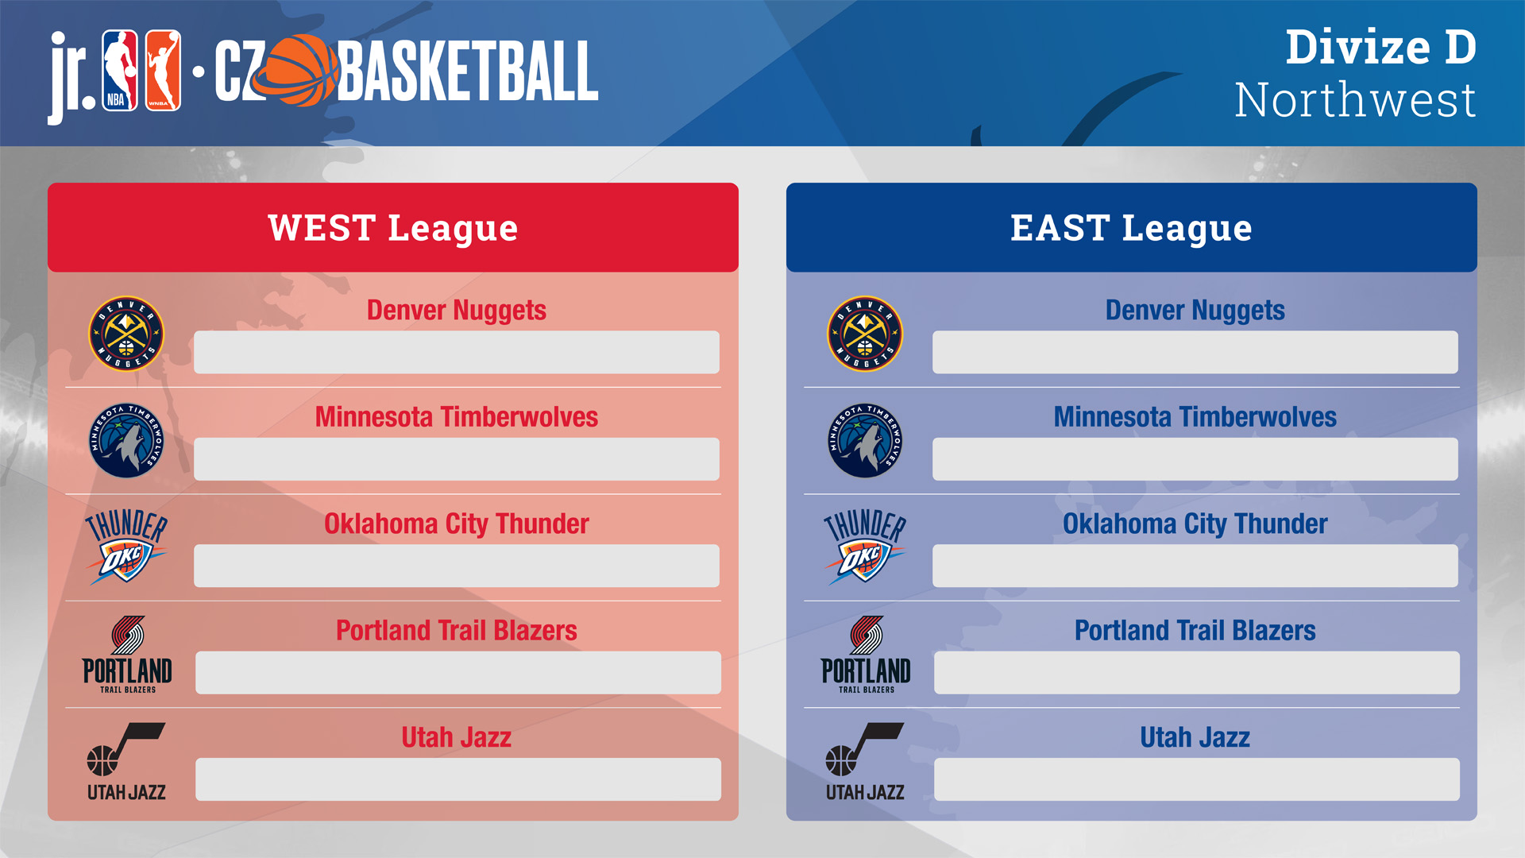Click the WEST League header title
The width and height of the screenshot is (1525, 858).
coord(393,229)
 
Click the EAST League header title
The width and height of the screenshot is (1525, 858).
coord(1131,229)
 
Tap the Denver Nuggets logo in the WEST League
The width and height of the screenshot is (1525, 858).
coord(126,334)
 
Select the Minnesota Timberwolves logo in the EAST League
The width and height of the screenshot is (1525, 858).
coord(865,440)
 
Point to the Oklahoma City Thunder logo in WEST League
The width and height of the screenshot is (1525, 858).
coord(126,547)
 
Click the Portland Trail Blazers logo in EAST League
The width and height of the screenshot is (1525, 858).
coord(866,655)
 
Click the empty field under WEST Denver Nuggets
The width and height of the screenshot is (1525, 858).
coord(457,352)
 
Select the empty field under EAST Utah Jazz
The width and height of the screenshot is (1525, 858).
coord(1197,779)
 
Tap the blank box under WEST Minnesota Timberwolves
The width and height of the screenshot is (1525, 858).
coord(457,459)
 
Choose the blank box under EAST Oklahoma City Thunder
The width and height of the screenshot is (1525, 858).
coord(1195,566)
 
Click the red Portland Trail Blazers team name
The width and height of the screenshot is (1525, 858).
coord(457,631)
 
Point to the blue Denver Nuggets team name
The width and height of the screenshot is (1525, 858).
coord(1195,311)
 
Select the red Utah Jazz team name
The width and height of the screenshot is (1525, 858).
coord(457,737)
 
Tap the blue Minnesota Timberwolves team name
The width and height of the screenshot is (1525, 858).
coord(1195,417)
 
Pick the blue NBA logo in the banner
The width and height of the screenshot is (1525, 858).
coord(120,71)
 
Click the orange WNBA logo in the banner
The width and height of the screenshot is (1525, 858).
coord(163,71)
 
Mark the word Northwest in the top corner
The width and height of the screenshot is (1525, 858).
coord(1355,100)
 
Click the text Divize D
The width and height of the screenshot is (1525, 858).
coord(1381,47)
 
